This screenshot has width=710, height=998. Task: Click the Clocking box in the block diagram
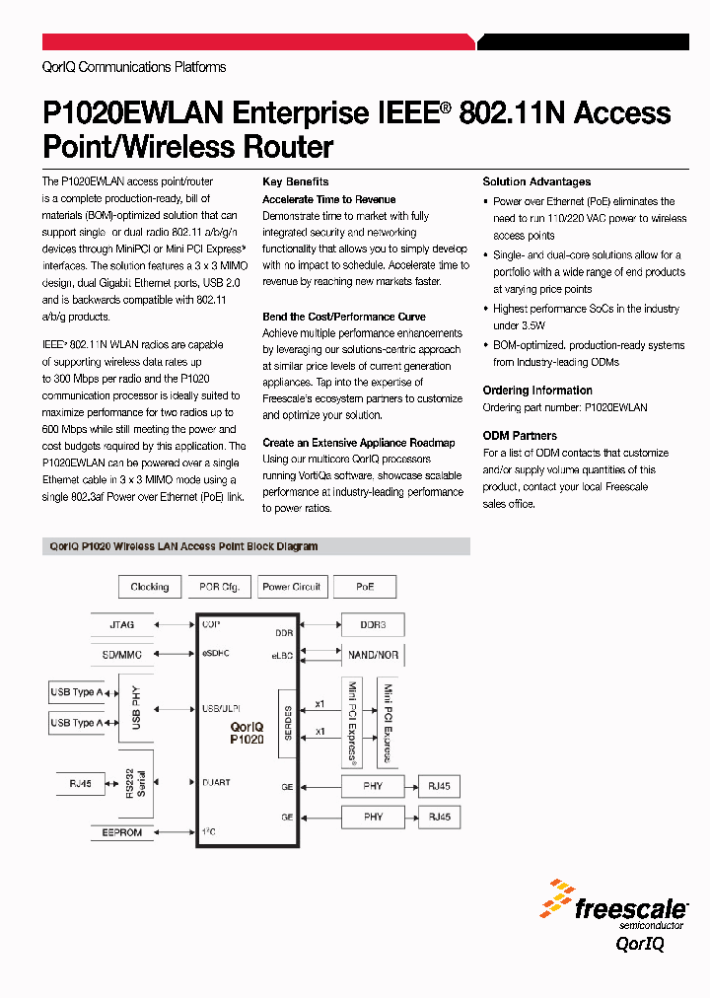point(150,587)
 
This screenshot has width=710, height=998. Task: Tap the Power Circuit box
point(291,587)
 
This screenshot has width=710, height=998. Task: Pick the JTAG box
point(122,624)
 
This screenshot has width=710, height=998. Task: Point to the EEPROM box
point(122,833)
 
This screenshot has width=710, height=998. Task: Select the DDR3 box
point(373,625)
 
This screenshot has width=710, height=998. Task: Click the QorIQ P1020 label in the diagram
point(246,732)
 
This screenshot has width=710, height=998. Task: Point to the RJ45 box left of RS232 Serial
point(81,785)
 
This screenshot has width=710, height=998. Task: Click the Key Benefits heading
point(295,182)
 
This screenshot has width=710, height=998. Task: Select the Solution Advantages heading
point(536,182)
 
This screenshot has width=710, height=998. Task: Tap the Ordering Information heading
point(537,391)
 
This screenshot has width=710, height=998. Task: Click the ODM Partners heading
point(520,436)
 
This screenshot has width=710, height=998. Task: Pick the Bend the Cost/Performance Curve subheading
point(344,317)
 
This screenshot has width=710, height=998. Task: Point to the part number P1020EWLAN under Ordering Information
point(616,407)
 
